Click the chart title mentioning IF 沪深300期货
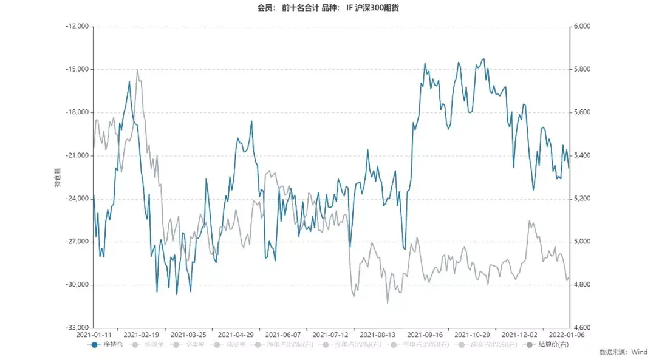pos(328,8)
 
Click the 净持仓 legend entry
pos(107,345)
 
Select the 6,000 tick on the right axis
pos(582,27)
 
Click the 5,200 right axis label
pos(582,199)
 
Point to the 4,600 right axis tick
pos(582,328)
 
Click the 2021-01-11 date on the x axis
pos(94,335)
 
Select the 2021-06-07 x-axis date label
pos(283,335)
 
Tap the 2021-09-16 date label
pos(425,335)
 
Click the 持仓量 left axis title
pos(58,177)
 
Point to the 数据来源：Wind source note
pos(623,352)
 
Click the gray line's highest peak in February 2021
pos(137,70)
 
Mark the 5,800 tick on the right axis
pos(582,69)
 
